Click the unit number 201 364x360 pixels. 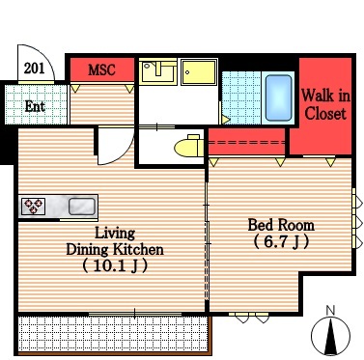(x=35, y=69)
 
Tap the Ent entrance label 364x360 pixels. (x=35, y=106)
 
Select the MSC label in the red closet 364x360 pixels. (x=101, y=69)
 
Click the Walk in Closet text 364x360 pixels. (x=325, y=104)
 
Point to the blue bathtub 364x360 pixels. (x=279, y=97)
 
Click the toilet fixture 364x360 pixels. (x=189, y=147)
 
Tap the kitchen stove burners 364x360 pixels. (x=34, y=207)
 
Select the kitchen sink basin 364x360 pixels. (x=82, y=207)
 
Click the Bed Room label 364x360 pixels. (x=281, y=225)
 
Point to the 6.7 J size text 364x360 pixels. (x=281, y=242)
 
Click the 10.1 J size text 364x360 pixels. (x=115, y=265)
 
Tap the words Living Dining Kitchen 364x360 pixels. (x=115, y=241)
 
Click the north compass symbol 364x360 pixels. (x=330, y=335)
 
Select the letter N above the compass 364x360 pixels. (x=330, y=310)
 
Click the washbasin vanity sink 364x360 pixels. (x=158, y=71)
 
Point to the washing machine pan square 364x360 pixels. (x=199, y=72)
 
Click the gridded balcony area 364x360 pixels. (x=113, y=334)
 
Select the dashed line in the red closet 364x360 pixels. (x=247, y=142)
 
